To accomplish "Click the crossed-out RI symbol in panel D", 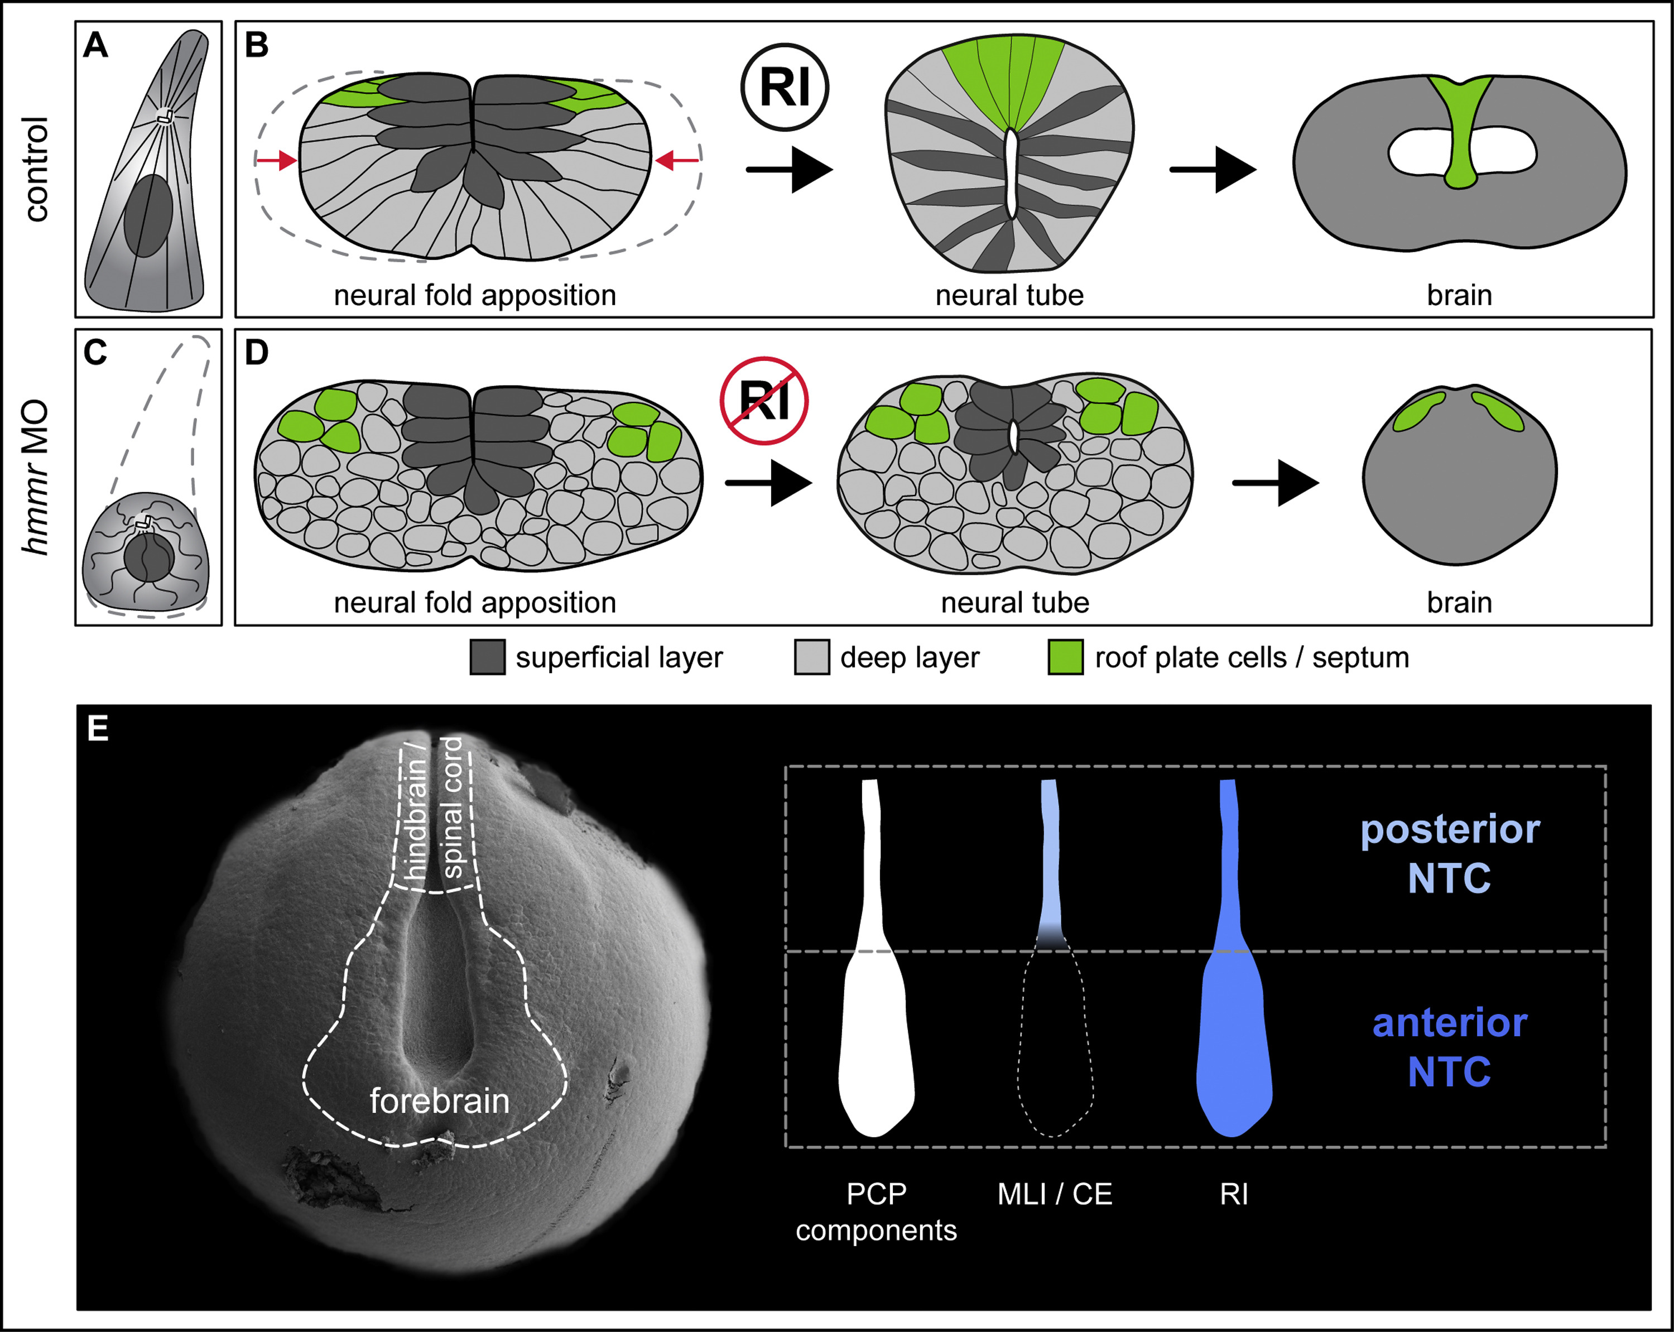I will pyautogui.click(x=764, y=401).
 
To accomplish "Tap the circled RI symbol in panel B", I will pyautogui.click(x=784, y=87).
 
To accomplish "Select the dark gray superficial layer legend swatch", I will pyautogui.click(x=488, y=657).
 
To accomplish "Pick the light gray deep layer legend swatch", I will pyautogui.click(x=811, y=657).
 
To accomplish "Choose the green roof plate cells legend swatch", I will pyautogui.click(x=1065, y=657).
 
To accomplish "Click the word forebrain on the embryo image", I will pyautogui.click(x=440, y=1100).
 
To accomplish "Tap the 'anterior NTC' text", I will pyautogui.click(x=1450, y=1046).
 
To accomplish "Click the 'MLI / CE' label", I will pyautogui.click(x=1055, y=1194).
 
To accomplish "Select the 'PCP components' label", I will pyautogui.click(x=876, y=1211).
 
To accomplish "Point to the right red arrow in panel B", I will pyautogui.click(x=676, y=161).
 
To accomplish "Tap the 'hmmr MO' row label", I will pyautogui.click(x=36, y=477).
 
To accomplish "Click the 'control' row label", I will pyautogui.click(x=36, y=169).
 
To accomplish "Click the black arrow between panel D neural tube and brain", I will pyautogui.click(x=1275, y=483).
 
